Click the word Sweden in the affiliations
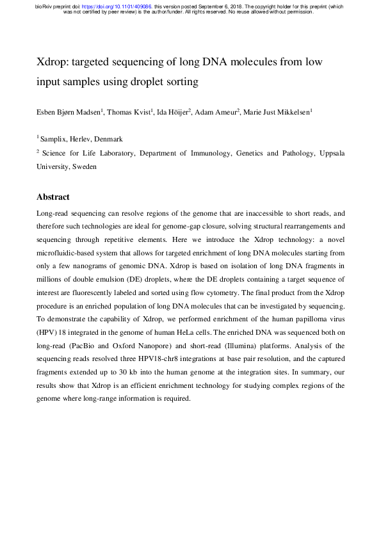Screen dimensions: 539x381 coord(85,166)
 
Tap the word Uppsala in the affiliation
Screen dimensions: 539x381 coord(330,153)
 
